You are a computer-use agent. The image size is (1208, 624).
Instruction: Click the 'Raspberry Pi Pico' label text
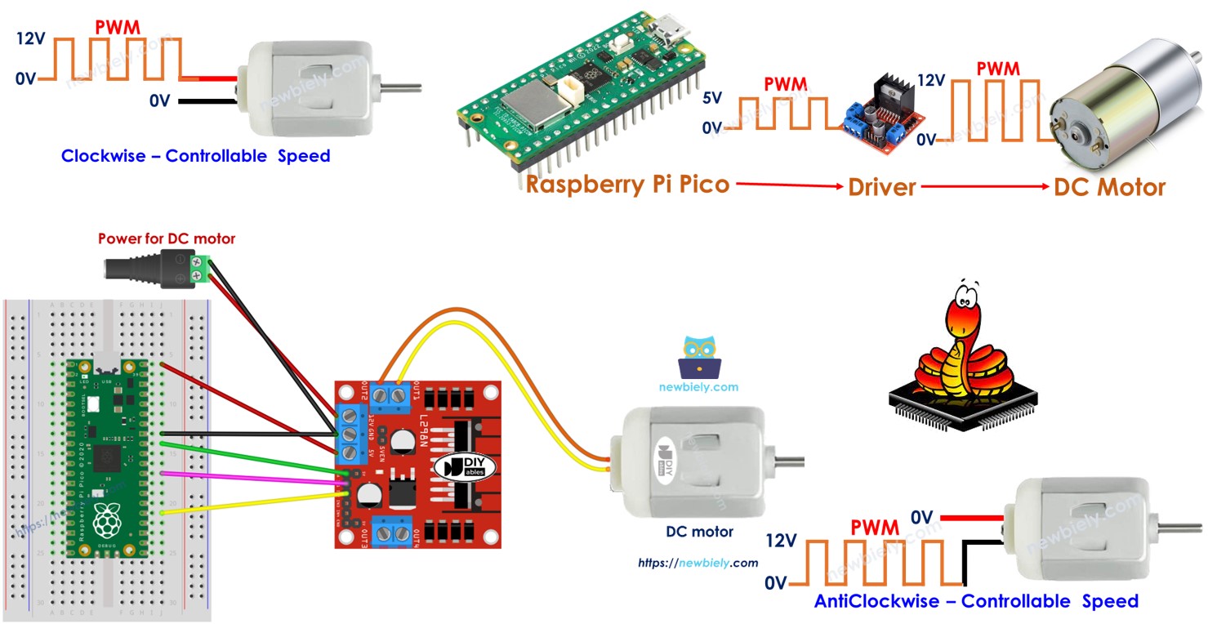(x=626, y=184)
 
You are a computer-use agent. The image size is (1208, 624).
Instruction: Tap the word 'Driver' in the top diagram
(x=881, y=187)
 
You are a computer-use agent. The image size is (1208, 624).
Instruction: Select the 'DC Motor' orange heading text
(x=1109, y=187)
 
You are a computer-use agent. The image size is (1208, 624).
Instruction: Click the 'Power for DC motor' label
(x=167, y=238)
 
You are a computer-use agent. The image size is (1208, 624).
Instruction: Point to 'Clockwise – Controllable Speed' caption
(x=196, y=156)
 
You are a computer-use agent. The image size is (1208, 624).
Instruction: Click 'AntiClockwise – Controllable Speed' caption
(x=976, y=601)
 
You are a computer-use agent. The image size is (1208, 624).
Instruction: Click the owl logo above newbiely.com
(x=698, y=357)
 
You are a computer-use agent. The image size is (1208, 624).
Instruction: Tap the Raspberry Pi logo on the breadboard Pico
(x=107, y=516)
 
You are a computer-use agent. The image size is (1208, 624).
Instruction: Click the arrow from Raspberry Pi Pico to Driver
(x=789, y=186)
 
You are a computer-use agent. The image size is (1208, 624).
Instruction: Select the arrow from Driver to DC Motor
(x=984, y=187)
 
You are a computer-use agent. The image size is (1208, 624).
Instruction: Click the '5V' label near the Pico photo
(x=711, y=98)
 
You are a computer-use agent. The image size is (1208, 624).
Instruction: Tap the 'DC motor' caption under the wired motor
(x=699, y=532)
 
